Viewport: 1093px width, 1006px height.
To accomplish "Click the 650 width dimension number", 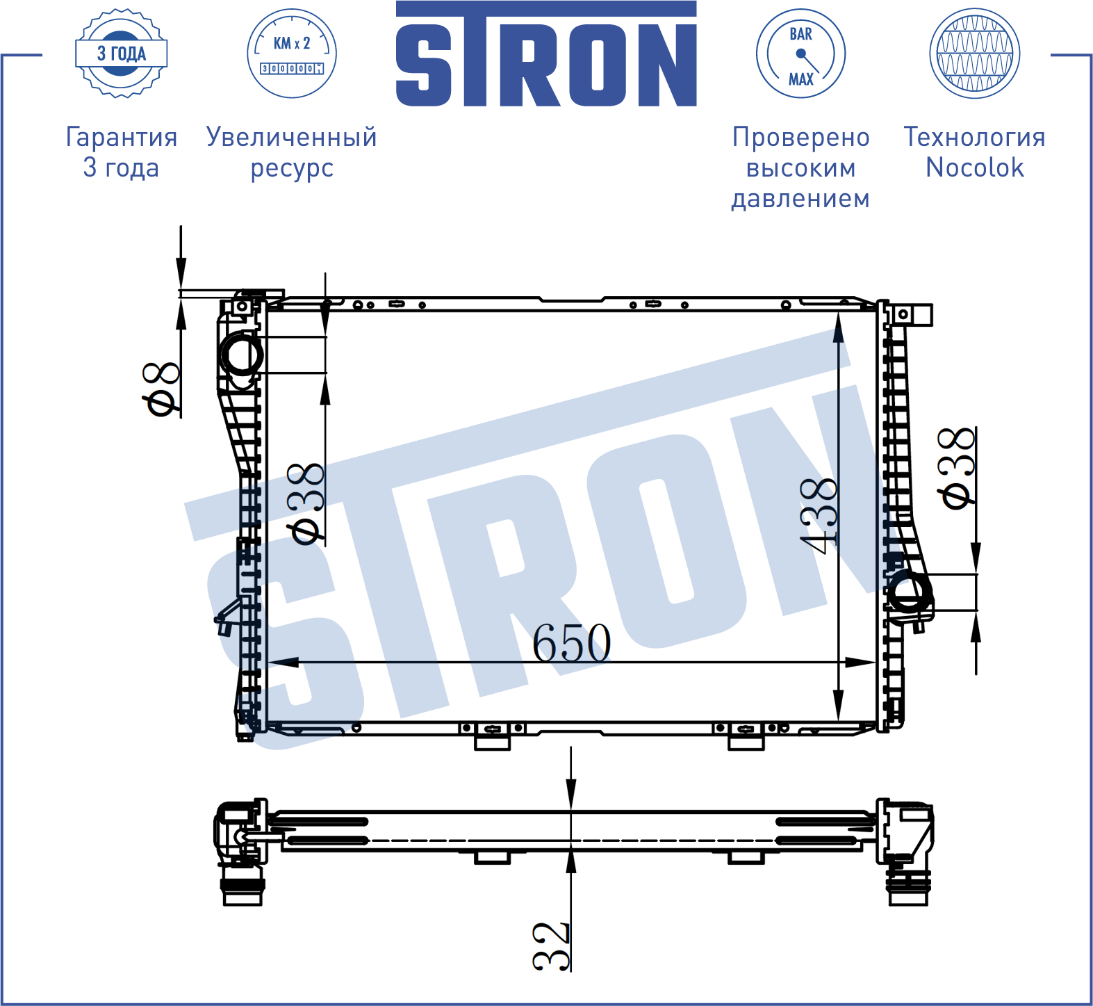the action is [571, 642].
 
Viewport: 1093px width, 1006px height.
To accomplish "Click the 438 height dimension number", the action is [819, 515].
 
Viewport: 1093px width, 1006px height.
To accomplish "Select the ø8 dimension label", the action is [161, 389].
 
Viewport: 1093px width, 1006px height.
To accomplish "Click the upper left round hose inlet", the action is [240, 355].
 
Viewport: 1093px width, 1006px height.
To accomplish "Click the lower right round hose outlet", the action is [908, 592].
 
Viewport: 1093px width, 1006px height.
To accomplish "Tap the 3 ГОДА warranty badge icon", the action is [121, 54].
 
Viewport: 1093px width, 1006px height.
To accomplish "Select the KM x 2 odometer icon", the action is [292, 54].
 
